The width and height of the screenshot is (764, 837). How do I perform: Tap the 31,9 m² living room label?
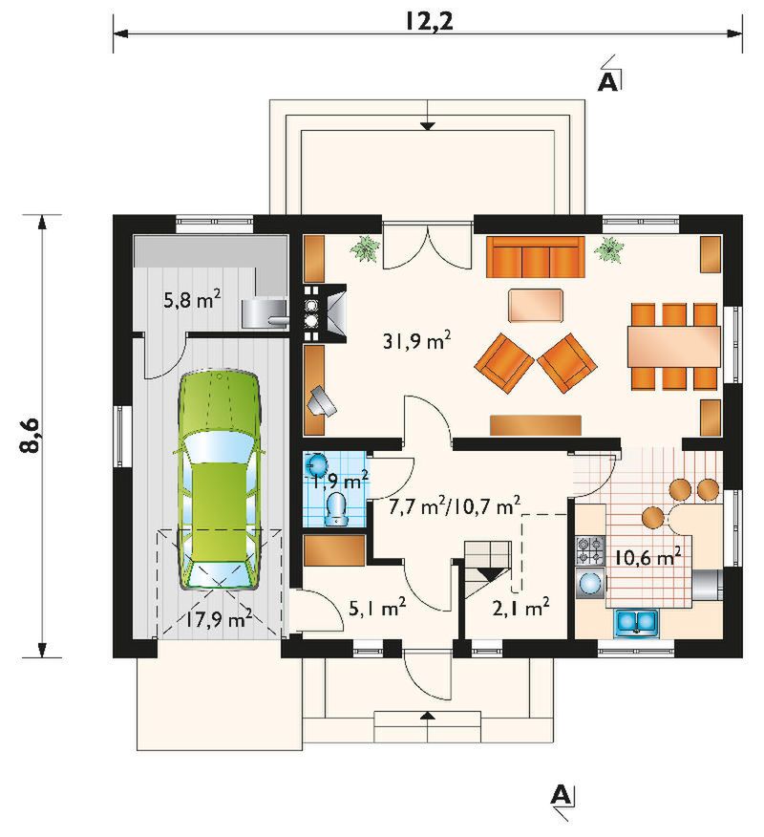(417, 340)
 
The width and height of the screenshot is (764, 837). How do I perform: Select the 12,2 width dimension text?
(428, 21)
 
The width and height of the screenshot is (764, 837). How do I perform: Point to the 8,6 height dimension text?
(31, 436)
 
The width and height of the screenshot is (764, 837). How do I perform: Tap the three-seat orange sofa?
(535, 257)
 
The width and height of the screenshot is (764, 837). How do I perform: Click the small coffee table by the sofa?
(536, 306)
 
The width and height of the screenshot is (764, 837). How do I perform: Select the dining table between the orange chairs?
(674, 346)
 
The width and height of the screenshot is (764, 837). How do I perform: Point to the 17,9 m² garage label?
(219, 619)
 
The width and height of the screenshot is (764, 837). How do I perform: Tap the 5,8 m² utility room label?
(192, 301)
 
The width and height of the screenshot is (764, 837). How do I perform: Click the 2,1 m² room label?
(520, 608)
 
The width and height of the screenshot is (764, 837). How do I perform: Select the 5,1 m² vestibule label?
(377, 607)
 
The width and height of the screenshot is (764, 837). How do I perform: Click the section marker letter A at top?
(607, 81)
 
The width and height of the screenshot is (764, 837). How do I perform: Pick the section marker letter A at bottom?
(560, 794)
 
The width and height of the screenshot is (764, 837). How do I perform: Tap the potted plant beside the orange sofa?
(609, 248)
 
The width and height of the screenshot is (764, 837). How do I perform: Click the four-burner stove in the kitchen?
(589, 551)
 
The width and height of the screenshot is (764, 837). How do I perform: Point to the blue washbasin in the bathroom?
(316, 463)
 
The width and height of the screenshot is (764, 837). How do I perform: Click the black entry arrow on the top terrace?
(427, 126)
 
